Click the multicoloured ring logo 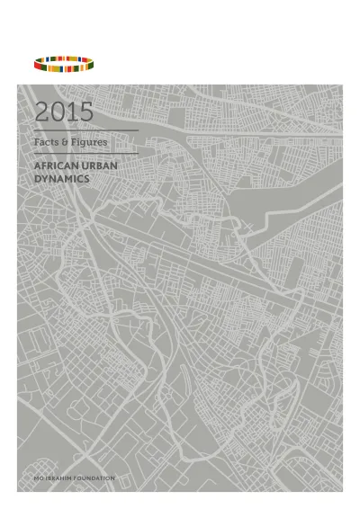click(66, 63)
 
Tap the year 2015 click(64, 112)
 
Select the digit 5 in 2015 click(85, 112)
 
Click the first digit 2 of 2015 click(42, 112)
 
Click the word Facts click(45, 142)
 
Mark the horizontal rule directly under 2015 click(85, 130)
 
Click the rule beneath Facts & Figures click(85, 154)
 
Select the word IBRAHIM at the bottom click(59, 478)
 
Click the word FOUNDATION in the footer click(96, 478)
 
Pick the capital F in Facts click(36, 142)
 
